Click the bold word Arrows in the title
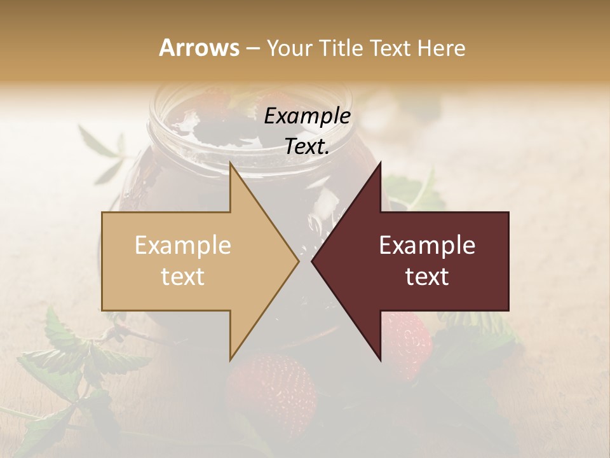(199, 48)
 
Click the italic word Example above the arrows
(307, 116)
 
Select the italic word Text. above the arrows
(307, 146)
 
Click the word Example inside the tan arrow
(183, 245)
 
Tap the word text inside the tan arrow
(183, 276)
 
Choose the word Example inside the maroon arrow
(427, 245)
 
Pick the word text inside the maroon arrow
(427, 276)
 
